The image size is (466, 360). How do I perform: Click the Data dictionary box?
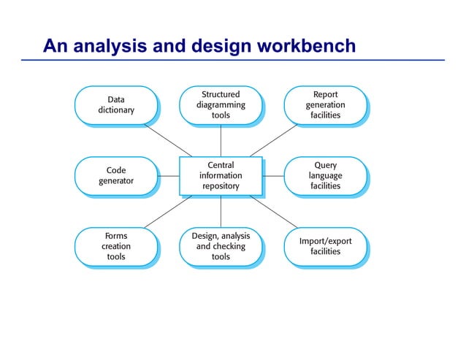click(115, 104)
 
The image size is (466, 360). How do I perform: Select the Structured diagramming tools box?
click(220, 104)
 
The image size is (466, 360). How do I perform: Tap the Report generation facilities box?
click(325, 104)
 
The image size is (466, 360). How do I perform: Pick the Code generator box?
click(115, 175)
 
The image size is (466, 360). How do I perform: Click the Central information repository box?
click(220, 175)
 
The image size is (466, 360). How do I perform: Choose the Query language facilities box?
click(325, 175)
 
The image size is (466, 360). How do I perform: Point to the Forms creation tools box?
click(115, 246)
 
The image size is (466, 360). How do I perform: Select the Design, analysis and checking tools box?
click(220, 246)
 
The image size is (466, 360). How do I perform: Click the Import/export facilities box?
click(325, 246)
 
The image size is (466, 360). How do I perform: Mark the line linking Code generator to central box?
click(168, 175)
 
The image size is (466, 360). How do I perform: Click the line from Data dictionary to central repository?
click(168, 139)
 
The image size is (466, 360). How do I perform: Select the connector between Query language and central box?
click(272, 175)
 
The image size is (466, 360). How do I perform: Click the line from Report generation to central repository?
click(275, 139)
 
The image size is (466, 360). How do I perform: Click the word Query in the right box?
click(325, 165)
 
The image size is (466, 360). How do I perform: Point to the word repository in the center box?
click(220, 186)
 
